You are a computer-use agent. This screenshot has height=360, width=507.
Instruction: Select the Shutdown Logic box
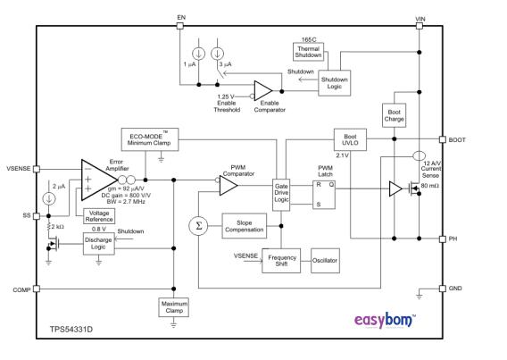[337, 81]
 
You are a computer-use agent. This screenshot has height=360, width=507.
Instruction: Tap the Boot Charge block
[395, 114]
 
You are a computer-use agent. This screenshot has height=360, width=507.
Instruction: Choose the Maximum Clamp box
[172, 306]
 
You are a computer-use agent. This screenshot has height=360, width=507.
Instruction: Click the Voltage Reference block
[98, 215]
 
